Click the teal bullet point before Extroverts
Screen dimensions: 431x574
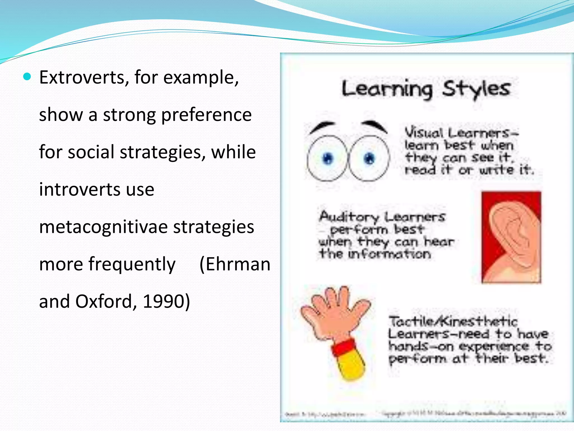(x=27, y=77)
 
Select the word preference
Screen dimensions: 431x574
(x=206, y=115)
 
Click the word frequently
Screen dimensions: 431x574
(x=132, y=264)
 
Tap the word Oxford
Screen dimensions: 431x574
(x=104, y=301)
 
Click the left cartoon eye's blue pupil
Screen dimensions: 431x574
(x=328, y=159)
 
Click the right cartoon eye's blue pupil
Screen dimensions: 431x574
(x=369, y=159)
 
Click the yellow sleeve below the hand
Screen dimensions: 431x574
(x=350, y=368)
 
